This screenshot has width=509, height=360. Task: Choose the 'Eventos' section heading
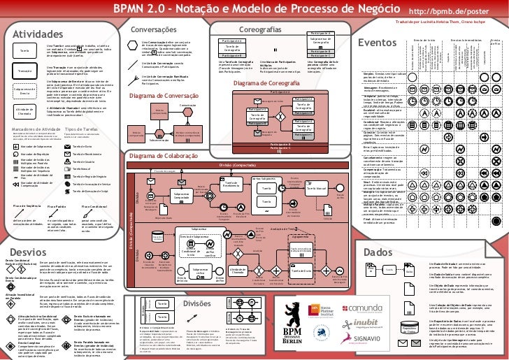tap(378, 44)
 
